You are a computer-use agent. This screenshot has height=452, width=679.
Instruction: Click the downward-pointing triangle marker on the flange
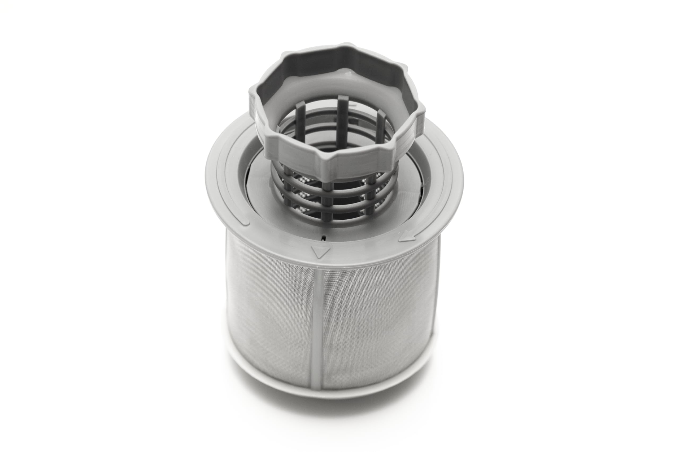(x=321, y=252)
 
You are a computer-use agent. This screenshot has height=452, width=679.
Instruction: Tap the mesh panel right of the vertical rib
(x=375, y=323)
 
